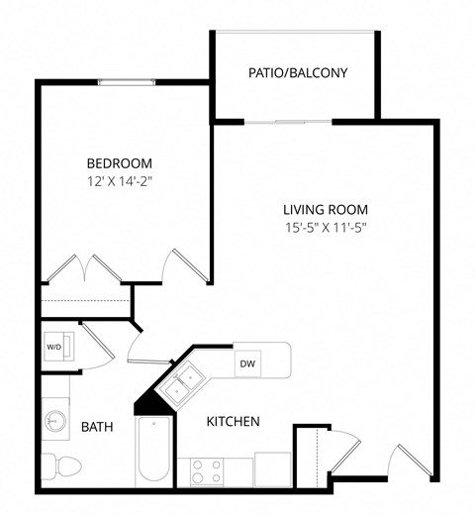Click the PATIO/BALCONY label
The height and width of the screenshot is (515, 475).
(x=296, y=72)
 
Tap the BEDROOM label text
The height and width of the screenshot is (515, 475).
(x=119, y=163)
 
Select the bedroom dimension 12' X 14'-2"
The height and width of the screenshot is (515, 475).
(x=119, y=181)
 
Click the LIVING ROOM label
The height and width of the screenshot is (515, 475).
(x=326, y=209)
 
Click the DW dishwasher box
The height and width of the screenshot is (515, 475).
(x=247, y=362)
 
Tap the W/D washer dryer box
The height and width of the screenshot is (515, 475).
(x=53, y=348)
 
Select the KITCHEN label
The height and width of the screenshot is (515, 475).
(x=233, y=422)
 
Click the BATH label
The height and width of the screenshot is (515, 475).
(x=96, y=427)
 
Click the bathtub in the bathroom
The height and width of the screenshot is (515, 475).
(x=153, y=452)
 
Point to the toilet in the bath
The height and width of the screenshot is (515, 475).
(x=64, y=465)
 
